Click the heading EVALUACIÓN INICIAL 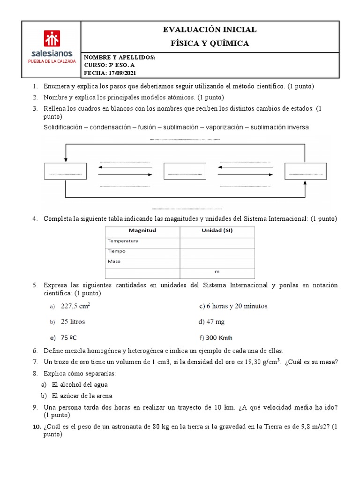click(210, 30)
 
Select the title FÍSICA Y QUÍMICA click(210, 44)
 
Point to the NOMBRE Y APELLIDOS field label click(119, 57)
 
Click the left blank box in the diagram click(65, 171)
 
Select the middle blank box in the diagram click(185, 171)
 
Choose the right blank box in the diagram click(306, 171)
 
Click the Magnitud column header click(142, 231)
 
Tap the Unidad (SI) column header click(217, 231)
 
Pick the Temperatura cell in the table click(123, 241)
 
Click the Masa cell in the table click(114, 261)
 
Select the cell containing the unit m click(217, 271)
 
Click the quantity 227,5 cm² click(75, 306)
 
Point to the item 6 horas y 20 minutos click(233, 306)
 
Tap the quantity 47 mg click(209, 322)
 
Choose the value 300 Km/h click(216, 337)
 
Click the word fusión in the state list click(147, 127)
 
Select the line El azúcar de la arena click(82, 395)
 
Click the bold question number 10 click(37, 427)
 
